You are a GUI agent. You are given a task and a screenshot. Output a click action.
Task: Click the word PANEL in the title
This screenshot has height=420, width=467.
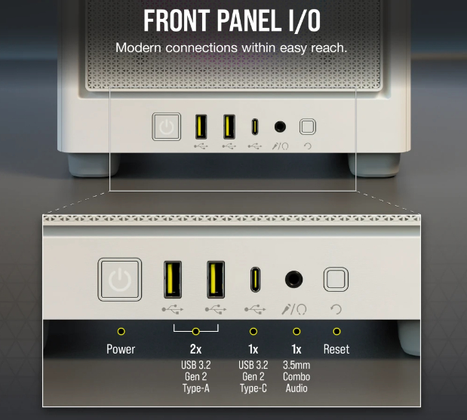(x=249, y=20)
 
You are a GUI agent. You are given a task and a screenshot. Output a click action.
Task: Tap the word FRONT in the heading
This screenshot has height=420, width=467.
(x=177, y=20)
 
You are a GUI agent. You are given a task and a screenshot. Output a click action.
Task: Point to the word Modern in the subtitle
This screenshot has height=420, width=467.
(x=139, y=48)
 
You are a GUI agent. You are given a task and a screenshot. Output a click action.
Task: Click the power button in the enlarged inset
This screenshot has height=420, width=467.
(x=120, y=280)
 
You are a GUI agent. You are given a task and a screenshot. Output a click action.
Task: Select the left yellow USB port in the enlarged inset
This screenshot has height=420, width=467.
(x=173, y=280)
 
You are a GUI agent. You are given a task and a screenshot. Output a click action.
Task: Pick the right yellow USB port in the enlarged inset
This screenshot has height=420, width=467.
(x=216, y=280)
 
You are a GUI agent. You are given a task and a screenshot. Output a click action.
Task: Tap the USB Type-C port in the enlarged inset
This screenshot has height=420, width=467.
(x=255, y=280)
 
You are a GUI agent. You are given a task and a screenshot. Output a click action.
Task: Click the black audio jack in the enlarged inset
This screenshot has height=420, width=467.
(x=293, y=280)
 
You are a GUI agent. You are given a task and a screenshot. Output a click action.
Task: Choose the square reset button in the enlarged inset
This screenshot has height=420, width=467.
(x=336, y=279)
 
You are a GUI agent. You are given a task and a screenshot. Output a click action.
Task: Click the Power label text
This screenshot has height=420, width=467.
(x=121, y=349)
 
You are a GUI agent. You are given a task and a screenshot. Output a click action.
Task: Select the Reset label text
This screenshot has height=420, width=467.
(x=336, y=349)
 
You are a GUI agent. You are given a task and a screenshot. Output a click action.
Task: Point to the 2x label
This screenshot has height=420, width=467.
(x=195, y=349)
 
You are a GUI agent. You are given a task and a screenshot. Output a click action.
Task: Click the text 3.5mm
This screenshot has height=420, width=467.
(x=296, y=365)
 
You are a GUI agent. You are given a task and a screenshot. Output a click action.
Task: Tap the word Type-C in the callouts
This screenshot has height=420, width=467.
(x=253, y=388)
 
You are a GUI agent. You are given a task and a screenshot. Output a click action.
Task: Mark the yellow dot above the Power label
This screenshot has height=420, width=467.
(x=121, y=331)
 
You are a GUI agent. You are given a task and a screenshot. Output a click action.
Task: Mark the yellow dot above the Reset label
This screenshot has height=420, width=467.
(x=336, y=331)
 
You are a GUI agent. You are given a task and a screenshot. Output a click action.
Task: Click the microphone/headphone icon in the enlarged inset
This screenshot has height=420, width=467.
(x=294, y=309)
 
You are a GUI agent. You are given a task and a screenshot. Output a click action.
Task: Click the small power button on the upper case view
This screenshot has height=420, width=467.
(x=167, y=127)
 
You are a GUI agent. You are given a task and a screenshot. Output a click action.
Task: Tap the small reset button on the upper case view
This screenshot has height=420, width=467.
(x=308, y=127)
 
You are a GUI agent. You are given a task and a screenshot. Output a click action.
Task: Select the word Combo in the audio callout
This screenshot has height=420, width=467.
(x=296, y=376)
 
